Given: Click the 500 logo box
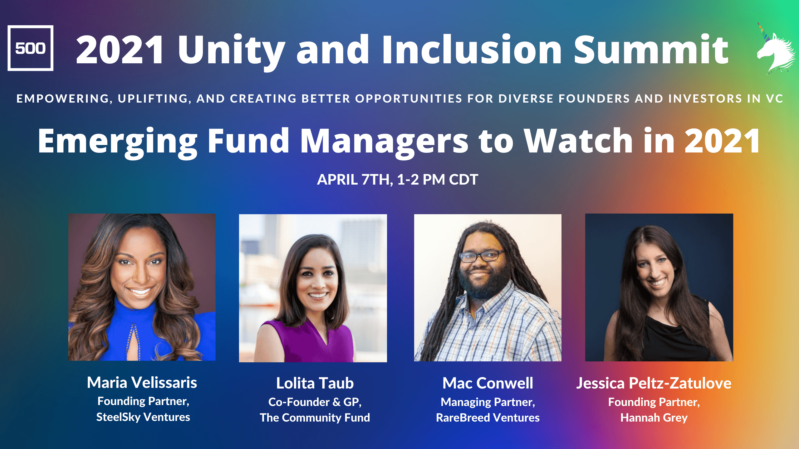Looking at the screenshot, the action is [30, 48].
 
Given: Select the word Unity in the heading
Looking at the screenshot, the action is [231, 52].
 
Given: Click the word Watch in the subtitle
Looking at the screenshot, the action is [578, 141].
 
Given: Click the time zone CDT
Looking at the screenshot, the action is [463, 179].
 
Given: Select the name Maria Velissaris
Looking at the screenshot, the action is [142, 383].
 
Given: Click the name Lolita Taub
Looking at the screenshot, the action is [315, 383].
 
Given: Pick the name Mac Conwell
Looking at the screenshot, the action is [488, 383].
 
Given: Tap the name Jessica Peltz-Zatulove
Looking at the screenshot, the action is [654, 383].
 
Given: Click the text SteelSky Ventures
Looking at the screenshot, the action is [143, 417].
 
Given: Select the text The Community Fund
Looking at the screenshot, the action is [315, 418].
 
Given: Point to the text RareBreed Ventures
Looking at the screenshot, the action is [488, 418].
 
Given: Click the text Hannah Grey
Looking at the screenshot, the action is [654, 418].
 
